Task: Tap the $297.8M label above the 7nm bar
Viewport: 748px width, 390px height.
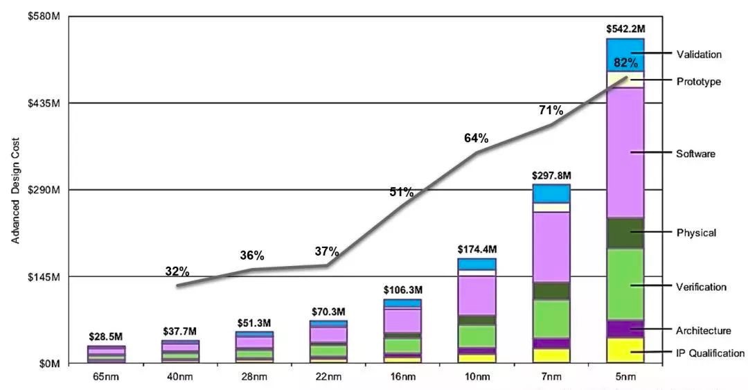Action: (551, 176)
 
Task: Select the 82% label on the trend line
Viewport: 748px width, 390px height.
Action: (625, 63)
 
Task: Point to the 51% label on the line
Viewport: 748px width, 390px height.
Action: (402, 192)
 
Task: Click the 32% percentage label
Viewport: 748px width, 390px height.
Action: (177, 271)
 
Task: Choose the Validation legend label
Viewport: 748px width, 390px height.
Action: (699, 54)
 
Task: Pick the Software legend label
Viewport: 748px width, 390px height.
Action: (695, 153)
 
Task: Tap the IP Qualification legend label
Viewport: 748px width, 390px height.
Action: (710, 353)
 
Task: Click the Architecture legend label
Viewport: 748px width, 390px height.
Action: (704, 330)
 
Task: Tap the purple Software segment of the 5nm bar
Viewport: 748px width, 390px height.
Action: (625, 152)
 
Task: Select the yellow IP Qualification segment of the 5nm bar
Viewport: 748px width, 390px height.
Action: (625, 350)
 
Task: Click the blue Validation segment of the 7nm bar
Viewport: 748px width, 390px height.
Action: (551, 193)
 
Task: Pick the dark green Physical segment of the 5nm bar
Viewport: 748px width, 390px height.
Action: (625, 233)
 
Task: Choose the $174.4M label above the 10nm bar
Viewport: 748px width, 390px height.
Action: (477, 249)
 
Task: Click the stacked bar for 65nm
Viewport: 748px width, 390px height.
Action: (106, 354)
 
